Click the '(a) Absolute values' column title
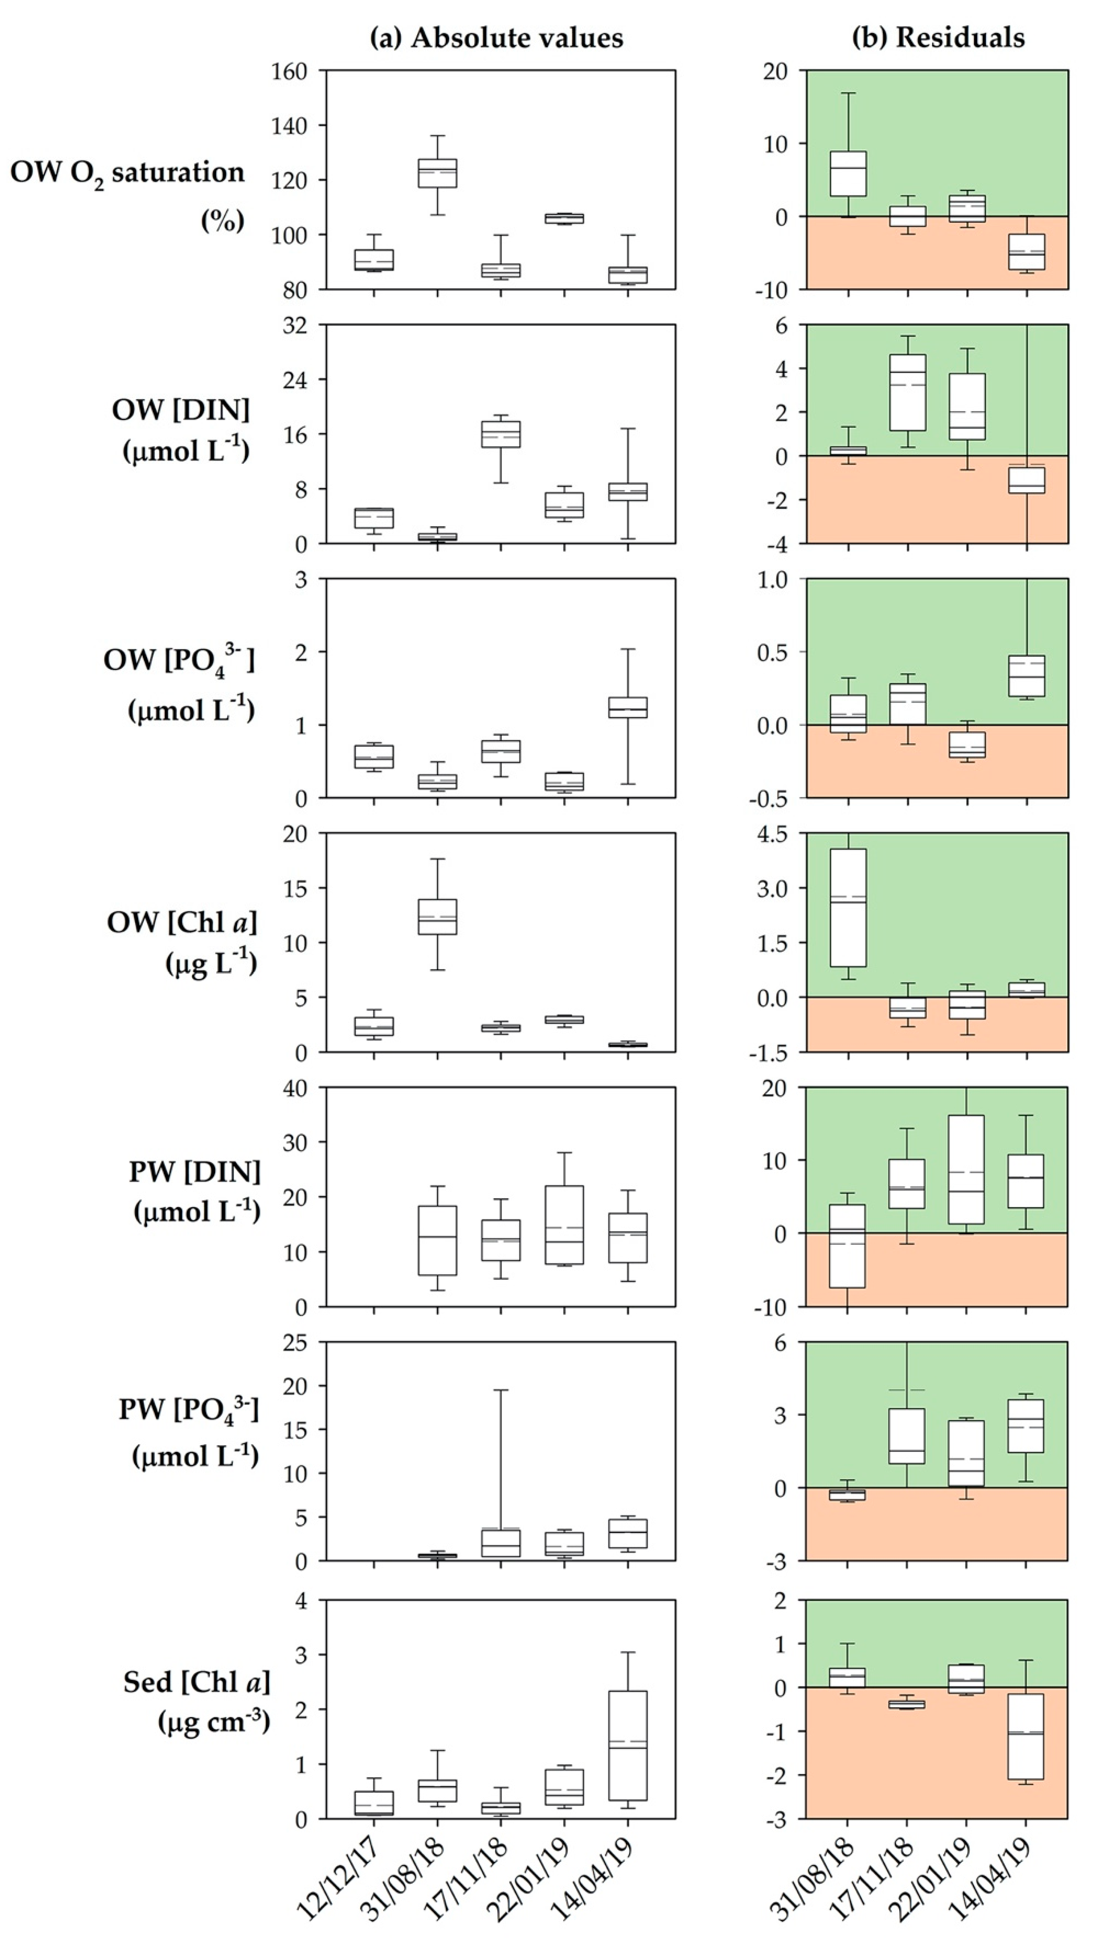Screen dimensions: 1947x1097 click(497, 38)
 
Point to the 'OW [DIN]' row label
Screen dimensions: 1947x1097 click(181, 410)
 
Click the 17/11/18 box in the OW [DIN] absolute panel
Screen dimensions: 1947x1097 click(500, 434)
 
